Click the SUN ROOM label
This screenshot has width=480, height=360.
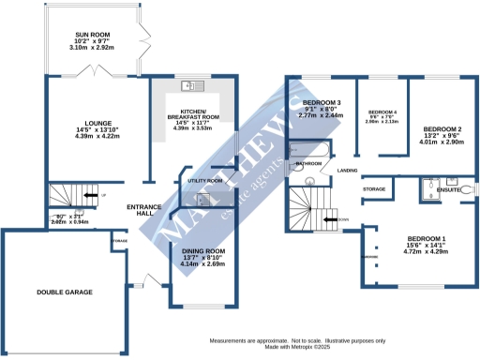93,36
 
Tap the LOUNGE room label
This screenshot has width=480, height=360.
98,123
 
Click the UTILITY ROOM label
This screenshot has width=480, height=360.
204,179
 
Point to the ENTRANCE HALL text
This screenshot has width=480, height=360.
145,210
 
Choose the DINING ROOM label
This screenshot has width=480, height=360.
203,251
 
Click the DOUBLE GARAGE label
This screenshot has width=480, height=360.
65,292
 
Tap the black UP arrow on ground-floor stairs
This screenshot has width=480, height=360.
90,195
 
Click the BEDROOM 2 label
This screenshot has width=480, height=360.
442,128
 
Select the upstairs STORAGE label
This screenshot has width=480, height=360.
375,190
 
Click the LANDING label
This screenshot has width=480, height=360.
348,171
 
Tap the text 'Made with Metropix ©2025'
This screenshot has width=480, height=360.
304,347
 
